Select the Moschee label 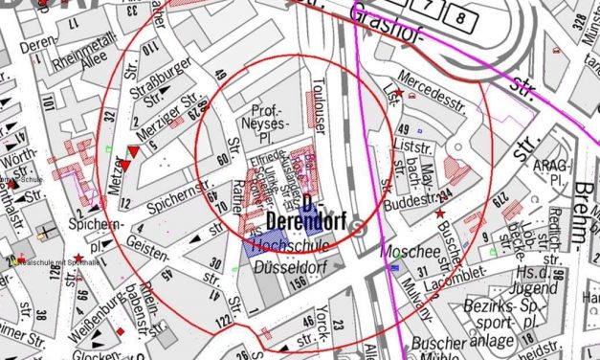pyautogui.click(x=403, y=251)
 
